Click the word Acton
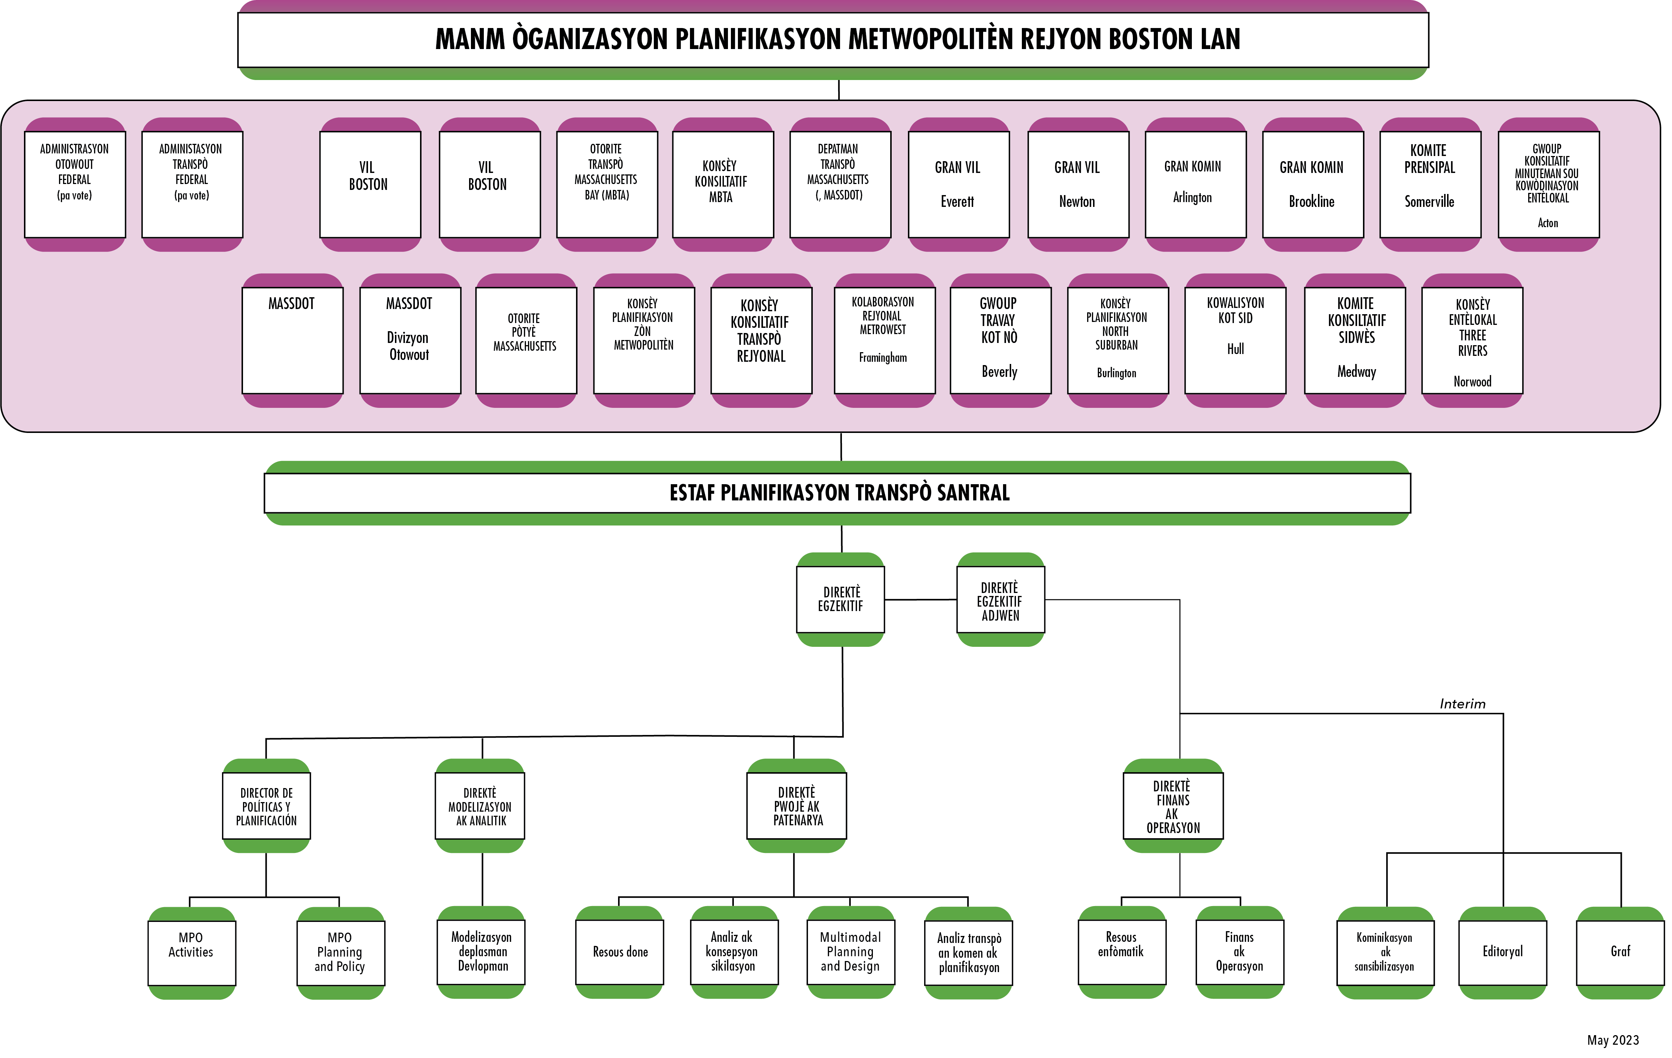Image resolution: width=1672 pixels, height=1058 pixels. (x=1548, y=223)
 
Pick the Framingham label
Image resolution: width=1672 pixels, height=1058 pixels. (x=882, y=358)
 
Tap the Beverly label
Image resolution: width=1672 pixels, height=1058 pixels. (x=999, y=371)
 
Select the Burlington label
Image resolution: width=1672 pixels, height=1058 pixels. (x=1117, y=373)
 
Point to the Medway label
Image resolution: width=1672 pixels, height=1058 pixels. (x=1356, y=371)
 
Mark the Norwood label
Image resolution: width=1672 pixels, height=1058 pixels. (x=1472, y=382)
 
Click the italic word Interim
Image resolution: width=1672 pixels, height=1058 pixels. (x=1462, y=704)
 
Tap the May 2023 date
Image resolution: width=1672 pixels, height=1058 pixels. (x=1612, y=1040)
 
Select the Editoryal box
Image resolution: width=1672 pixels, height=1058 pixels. (x=1503, y=952)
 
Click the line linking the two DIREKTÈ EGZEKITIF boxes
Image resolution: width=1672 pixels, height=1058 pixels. (x=921, y=600)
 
